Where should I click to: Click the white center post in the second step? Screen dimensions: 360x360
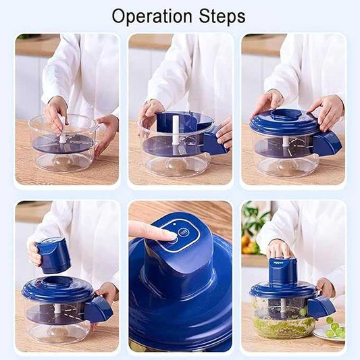click(x=175, y=126)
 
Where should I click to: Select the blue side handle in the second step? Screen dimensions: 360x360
click(x=214, y=143)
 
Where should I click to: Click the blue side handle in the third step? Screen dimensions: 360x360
click(x=327, y=143)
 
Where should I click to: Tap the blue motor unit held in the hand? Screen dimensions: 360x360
click(x=55, y=255)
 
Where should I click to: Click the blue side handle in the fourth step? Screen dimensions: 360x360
click(x=99, y=309)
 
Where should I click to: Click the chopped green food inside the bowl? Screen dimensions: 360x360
click(x=284, y=328)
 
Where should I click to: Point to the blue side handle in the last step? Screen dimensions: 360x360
click(x=322, y=307)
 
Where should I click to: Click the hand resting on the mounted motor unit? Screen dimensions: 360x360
click(x=280, y=249)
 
